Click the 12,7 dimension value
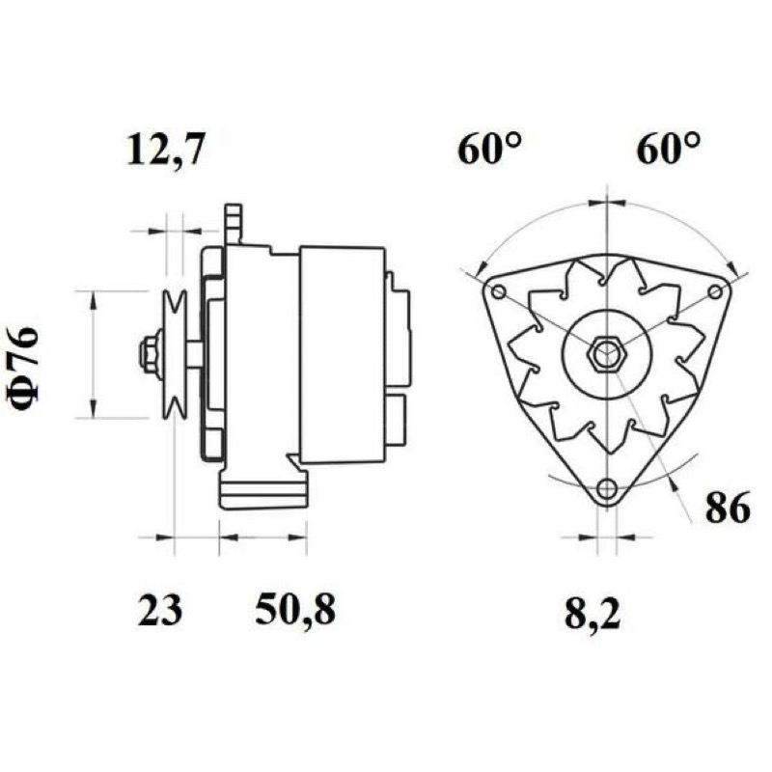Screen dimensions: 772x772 tap(164, 150)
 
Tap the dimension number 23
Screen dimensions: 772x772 tap(160, 611)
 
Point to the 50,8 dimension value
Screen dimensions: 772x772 tap(295, 611)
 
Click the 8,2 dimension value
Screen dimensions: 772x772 tap(593, 615)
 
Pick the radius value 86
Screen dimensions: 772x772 tap(728, 508)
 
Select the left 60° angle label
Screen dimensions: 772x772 tap(489, 150)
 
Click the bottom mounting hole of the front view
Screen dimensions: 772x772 tap(607, 489)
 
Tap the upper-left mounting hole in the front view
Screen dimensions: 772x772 tap(498, 292)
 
